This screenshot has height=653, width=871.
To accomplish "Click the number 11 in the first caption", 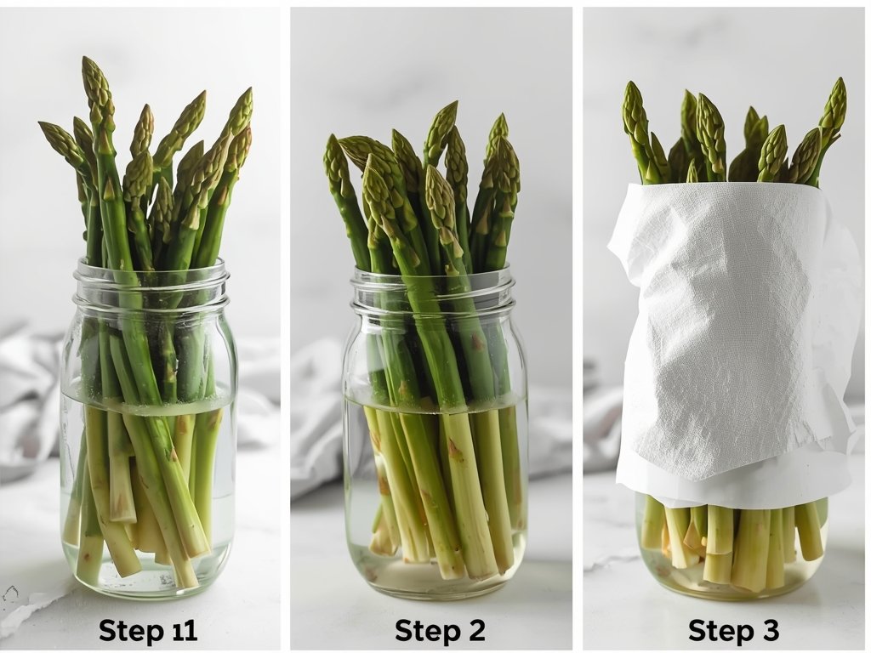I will (182, 631).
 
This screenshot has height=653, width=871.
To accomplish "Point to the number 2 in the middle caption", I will (474, 631).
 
